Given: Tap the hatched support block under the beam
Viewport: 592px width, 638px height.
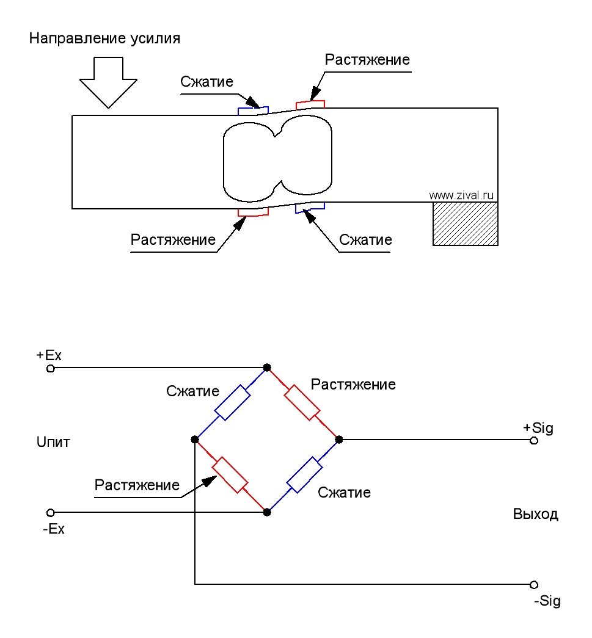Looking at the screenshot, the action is (466, 223).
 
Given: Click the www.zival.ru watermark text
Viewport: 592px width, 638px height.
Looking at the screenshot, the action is (461, 195).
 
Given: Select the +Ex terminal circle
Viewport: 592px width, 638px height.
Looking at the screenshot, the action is (51, 369).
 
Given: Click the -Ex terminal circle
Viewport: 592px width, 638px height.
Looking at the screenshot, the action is (51, 512).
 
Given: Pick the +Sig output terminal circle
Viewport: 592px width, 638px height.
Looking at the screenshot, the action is (534, 441).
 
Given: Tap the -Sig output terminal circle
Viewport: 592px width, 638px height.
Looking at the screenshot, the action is (534, 585).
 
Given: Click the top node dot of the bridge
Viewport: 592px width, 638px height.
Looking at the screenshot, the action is (267, 368).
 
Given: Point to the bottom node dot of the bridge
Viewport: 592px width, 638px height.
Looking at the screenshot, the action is (267, 512).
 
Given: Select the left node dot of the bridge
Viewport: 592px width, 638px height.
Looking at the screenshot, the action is (195, 440).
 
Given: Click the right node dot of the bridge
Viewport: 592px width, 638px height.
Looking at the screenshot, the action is (339, 440).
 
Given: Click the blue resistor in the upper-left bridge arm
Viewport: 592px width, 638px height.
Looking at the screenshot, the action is (232, 402).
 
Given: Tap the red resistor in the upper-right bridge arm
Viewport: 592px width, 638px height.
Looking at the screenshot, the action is (302, 402).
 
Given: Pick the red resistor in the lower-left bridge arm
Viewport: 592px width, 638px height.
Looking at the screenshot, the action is (230, 475).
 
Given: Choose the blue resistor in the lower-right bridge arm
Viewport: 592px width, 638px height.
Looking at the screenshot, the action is (304, 475).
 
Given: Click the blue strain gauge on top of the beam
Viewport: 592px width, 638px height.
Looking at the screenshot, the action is (253, 111).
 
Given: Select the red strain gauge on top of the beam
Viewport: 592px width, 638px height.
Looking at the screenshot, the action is (310, 104).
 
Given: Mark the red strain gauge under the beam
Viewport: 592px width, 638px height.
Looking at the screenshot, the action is (254, 212).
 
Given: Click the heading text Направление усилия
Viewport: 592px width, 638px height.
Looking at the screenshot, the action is (104, 38).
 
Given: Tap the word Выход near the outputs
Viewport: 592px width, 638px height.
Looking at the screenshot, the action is (535, 514).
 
